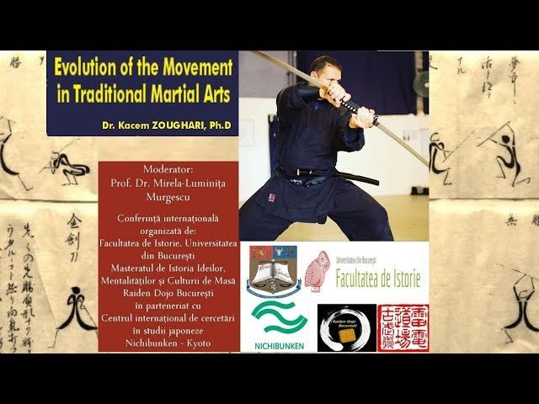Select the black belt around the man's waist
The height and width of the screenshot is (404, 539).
point(337,176)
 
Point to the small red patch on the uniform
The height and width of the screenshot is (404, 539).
point(272,197)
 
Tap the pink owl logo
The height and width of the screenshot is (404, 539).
point(317,271)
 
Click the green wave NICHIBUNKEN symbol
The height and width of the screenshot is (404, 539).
point(279,318)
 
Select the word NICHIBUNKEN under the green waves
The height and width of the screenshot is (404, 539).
point(279,343)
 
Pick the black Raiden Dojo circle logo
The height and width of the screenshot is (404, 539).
point(346,328)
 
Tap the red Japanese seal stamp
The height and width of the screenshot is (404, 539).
point(403,327)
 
